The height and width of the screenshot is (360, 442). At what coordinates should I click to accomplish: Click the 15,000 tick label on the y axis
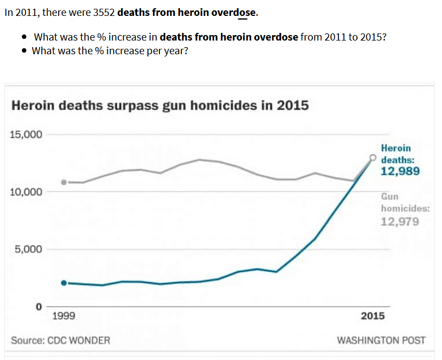27,134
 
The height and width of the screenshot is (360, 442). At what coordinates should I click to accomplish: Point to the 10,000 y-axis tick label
27,192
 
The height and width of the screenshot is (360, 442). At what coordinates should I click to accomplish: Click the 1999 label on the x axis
64,316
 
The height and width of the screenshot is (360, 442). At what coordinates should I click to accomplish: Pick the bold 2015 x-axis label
372,316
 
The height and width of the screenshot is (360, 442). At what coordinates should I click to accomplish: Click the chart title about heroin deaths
160,105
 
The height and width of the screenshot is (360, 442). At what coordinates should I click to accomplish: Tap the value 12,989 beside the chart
400,172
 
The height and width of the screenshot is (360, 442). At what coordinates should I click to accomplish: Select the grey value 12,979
400,221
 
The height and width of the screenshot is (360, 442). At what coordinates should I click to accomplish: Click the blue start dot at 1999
64,283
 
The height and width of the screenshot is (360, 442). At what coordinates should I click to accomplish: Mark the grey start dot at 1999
64,182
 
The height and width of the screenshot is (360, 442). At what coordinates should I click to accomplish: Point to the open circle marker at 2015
373,158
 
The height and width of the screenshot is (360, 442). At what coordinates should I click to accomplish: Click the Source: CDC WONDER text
60,340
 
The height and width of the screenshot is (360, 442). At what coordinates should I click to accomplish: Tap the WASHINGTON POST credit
381,340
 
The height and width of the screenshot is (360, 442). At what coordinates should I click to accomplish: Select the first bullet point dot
25,37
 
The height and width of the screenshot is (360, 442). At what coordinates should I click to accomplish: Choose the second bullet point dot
25,51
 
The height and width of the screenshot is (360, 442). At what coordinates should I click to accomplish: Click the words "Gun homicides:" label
405,202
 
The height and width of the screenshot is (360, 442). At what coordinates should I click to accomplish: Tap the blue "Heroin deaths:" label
397,154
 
